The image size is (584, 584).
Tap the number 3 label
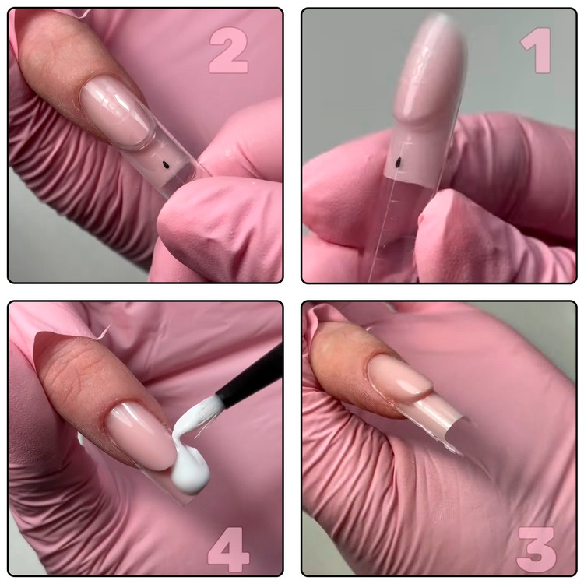click(537, 549)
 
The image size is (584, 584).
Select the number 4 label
click(228, 549)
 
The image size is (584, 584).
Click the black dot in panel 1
click(399, 162)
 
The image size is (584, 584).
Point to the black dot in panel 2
click(164, 164)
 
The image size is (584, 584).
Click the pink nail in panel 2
click(118, 111)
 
